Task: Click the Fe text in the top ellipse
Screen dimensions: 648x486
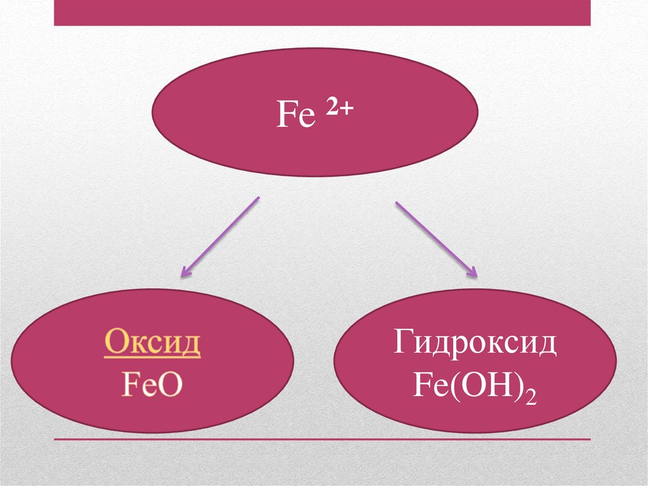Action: point(296,117)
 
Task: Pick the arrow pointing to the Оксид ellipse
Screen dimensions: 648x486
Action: point(220,238)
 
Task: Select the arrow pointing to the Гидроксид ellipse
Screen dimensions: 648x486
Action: point(436,240)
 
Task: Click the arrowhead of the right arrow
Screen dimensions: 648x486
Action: point(471,273)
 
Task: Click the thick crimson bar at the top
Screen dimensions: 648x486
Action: point(322,13)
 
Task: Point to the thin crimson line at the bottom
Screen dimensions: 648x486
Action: point(322,439)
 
